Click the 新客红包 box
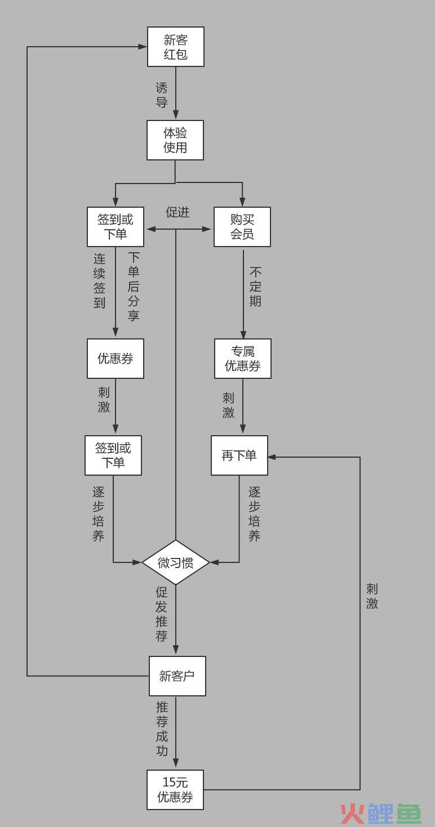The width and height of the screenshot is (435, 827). [x=176, y=47]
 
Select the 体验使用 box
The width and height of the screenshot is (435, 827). [x=175, y=140]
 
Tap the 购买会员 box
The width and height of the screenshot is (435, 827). [x=242, y=227]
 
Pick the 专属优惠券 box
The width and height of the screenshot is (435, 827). [x=243, y=359]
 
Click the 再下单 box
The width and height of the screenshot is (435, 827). [x=239, y=455]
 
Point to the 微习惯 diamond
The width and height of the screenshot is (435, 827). [x=176, y=562]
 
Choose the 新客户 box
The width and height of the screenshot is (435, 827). [x=177, y=676]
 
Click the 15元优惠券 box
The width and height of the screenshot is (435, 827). [x=175, y=790]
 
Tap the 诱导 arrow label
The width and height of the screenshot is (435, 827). [x=162, y=95]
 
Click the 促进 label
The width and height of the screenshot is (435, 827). [x=177, y=212]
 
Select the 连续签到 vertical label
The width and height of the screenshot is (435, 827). [x=99, y=281]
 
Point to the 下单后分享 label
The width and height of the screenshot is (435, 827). [x=134, y=287]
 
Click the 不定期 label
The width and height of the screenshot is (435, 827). [x=255, y=287]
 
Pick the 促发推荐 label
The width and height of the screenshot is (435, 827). [x=162, y=614]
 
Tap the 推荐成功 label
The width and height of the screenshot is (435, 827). [x=162, y=729]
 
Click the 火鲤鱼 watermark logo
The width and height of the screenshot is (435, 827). [x=381, y=813]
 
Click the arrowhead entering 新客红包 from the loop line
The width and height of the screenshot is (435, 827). [x=143, y=47]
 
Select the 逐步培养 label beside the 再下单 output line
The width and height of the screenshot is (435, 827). [x=254, y=513]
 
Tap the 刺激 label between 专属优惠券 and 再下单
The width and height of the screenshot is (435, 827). [x=228, y=405]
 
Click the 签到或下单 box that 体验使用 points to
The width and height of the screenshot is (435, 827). [x=116, y=227]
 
